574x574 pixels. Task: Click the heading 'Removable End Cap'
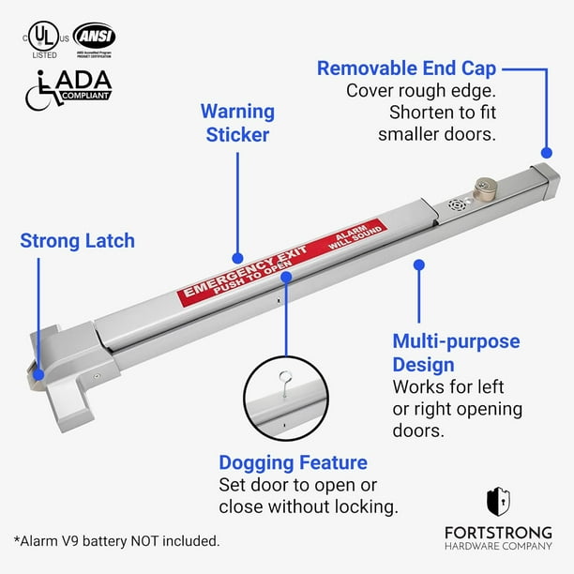(x=406, y=68)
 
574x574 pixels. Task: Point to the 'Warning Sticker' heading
(x=237, y=123)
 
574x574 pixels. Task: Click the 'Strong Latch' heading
(x=77, y=241)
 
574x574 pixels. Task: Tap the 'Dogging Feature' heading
(x=293, y=462)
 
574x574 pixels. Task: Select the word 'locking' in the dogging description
(x=366, y=507)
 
